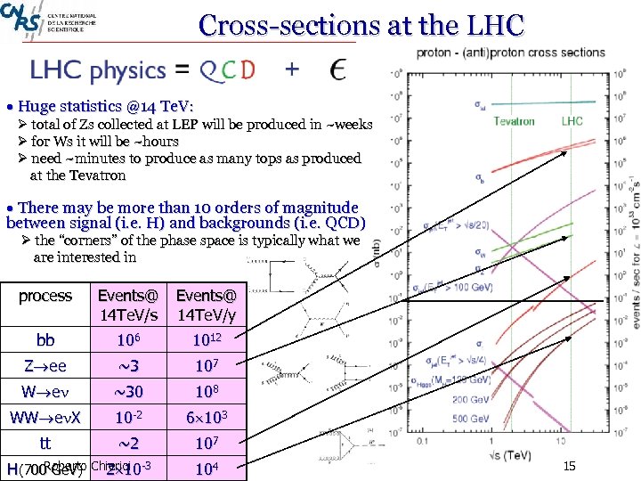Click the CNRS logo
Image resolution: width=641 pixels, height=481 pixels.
click(x=20, y=18)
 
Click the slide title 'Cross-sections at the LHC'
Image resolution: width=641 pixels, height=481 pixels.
click(x=361, y=24)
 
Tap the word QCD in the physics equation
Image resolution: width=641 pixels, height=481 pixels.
click(x=227, y=69)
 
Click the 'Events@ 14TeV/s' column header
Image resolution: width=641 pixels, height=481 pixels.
click(x=129, y=305)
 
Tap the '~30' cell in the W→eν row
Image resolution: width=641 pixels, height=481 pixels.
click(x=129, y=391)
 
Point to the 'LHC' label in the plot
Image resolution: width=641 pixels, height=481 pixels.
click(x=572, y=121)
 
